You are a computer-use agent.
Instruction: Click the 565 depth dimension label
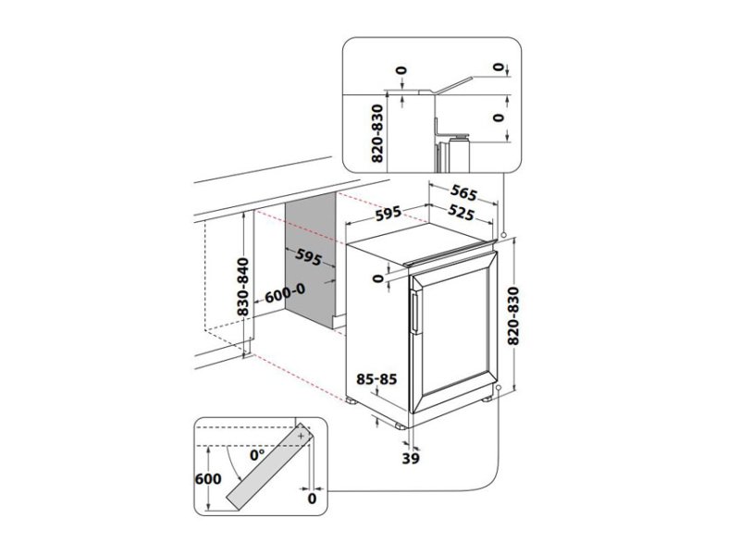(x=463, y=192)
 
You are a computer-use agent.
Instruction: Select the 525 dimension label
(x=460, y=213)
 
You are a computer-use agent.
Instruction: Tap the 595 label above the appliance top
(x=388, y=213)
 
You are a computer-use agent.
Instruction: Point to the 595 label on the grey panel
(x=308, y=257)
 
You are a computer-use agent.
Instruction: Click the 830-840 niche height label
(x=243, y=287)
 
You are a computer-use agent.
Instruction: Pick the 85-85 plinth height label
(x=376, y=379)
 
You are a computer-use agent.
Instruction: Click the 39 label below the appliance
(x=411, y=458)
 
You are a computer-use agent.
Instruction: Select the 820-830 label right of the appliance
(x=513, y=315)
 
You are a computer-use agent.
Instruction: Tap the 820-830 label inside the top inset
(x=377, y=133)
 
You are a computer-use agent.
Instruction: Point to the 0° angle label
(x=258, y=455)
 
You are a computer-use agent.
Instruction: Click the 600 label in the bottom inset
(x=208, y=478)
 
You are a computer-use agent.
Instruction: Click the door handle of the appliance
(x=414, y=313)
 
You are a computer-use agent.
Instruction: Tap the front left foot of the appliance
(x=400, y=426)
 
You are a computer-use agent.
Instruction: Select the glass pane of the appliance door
(x=455, y=332)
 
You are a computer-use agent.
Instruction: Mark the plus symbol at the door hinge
(x=302, y=436)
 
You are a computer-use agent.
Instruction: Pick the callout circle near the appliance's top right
(x=504, y=234)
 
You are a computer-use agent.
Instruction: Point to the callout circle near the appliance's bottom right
(x=499, y=387)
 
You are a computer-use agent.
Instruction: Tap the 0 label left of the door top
(x=377, y=278)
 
